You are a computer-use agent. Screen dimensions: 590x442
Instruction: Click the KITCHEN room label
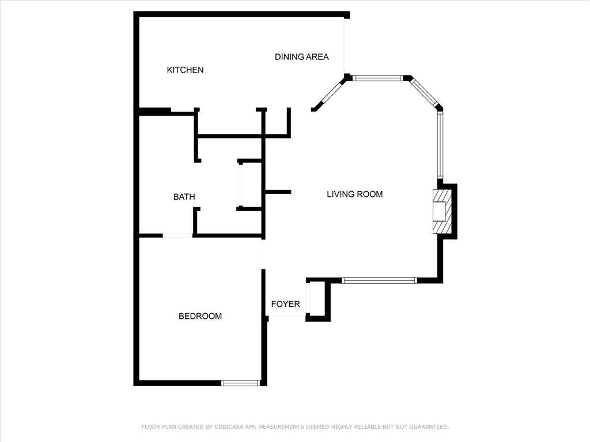point(185,70)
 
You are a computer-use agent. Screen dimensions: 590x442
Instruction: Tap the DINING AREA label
point(302,57)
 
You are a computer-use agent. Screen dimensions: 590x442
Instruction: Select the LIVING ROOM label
point(354,194)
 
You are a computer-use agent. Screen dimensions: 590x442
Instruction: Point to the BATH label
point(184,197)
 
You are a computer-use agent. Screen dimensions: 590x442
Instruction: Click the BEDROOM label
point(200,316)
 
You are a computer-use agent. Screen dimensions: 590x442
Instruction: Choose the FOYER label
point(286,304)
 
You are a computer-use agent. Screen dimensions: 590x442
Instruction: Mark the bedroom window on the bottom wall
point(240,383)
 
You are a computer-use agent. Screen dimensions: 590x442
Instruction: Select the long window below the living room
point(379,280)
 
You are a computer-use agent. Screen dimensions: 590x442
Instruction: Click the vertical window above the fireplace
point(440,146)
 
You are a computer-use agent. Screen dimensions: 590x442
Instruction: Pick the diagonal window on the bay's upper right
point(425,92)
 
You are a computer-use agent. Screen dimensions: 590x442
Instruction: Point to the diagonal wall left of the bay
point(328,93)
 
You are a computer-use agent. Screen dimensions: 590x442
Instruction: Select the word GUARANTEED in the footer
point(429,426)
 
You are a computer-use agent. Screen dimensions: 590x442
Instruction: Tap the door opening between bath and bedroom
point(177,235)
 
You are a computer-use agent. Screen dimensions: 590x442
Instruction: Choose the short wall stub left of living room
point(278,192)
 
